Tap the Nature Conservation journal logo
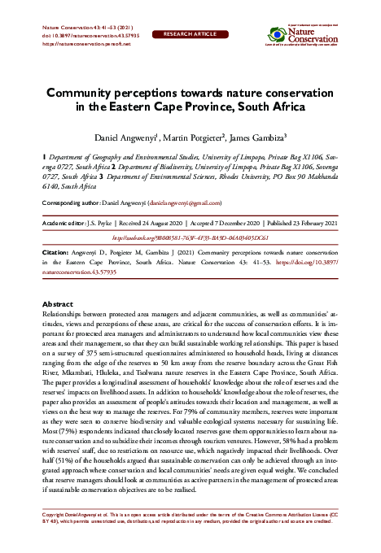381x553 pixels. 302,36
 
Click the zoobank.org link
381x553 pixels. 190,237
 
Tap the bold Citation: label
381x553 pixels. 55,254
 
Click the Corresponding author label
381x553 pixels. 76,202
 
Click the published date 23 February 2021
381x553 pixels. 309,222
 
